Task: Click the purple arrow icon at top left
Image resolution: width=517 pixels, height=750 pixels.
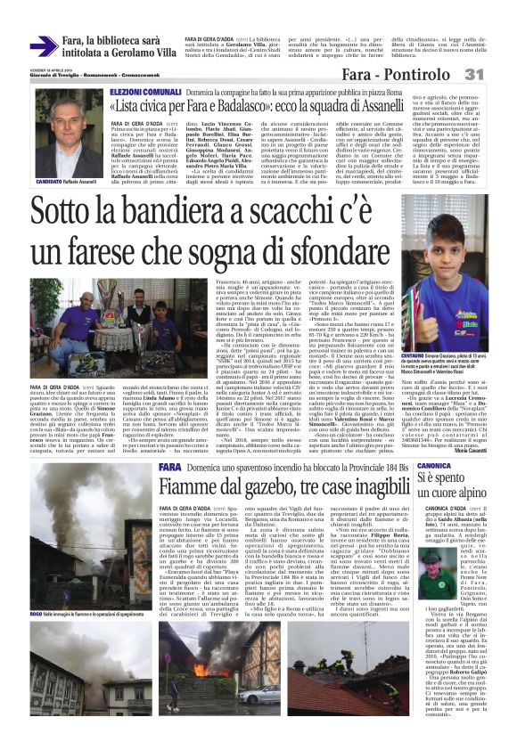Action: click(x=44, y=46)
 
